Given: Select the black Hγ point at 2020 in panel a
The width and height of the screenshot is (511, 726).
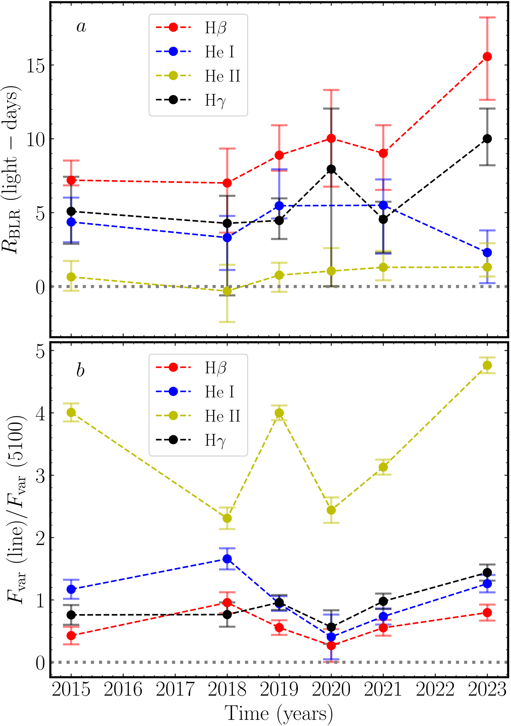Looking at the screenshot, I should pos(331,169).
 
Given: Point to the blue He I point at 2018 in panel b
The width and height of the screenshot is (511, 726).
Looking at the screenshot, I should pos(227,559).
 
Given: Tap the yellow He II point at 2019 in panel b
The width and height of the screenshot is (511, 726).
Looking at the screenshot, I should pos(279,413).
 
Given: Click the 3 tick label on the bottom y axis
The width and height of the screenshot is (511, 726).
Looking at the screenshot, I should pos(40,476).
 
